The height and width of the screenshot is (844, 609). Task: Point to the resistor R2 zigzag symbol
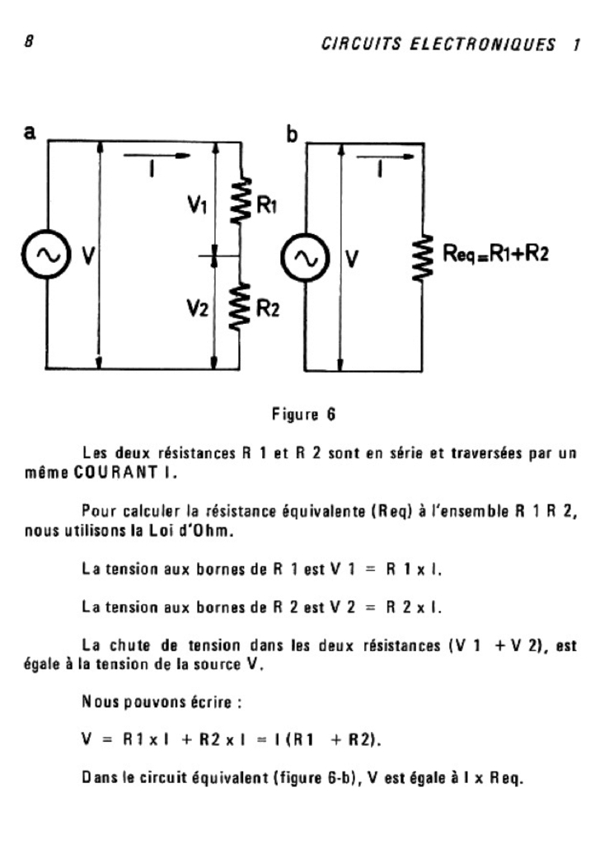[x=240, y=307]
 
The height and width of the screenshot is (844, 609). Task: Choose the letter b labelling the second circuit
[x=292, y=133]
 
